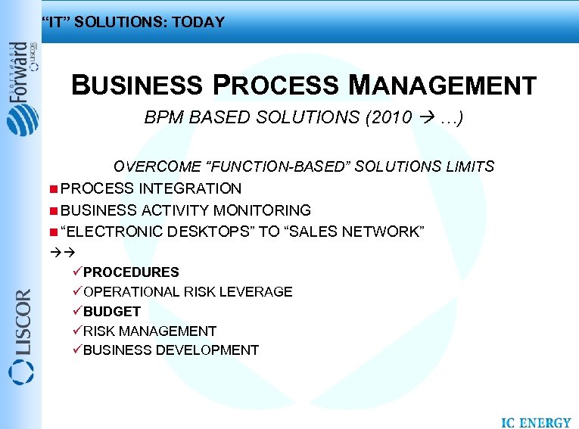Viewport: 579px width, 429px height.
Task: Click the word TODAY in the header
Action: [x=198, y=22]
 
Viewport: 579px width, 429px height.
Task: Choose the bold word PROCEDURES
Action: [x=131, y=272]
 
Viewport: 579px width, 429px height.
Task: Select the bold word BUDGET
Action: [x=112, y=311]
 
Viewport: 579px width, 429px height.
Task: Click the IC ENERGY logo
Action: [x=536, y=422]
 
